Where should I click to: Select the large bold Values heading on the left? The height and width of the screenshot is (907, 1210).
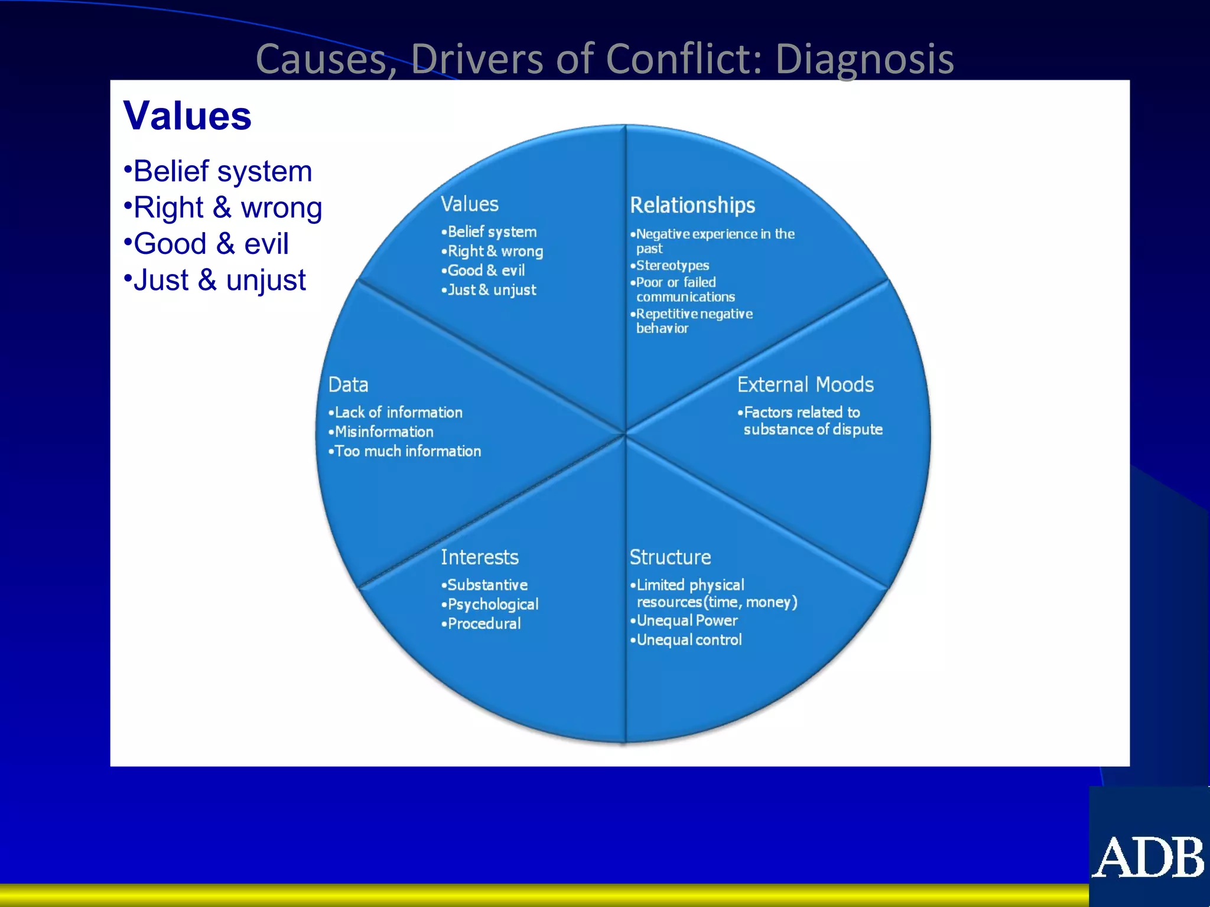(187, 116)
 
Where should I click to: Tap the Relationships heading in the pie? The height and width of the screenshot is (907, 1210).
(692, 205)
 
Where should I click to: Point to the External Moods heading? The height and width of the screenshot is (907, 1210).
(805, 385)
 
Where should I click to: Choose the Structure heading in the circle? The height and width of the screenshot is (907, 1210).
(670, 557)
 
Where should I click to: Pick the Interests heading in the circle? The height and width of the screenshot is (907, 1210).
(479, 557)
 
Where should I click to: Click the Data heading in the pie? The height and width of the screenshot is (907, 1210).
(348, 385)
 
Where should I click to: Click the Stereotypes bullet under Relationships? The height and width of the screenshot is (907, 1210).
(672, 266)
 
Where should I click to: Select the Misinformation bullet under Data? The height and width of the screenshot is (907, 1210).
(383, 432)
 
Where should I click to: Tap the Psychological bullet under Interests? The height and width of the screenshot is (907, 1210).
(492, 605)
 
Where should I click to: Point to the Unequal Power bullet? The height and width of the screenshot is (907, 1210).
(687, 621)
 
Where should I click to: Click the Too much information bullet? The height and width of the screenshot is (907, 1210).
(407, 452)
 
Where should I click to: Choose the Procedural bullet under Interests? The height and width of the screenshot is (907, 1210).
(483, 624)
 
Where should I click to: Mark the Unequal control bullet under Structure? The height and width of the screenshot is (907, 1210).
(688, 640)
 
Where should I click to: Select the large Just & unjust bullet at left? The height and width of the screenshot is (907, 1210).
(219, 280)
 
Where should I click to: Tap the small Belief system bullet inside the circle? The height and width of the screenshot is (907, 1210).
(492, 232)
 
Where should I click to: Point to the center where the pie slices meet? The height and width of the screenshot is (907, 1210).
(625, 434)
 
